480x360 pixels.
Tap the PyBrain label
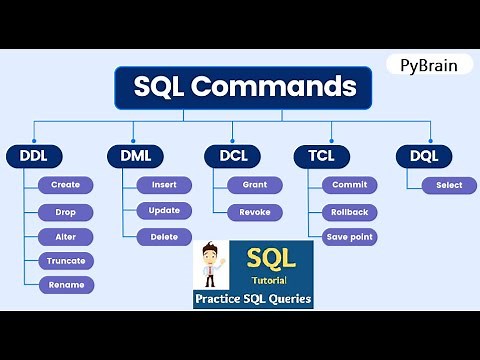click(x=429, y=63)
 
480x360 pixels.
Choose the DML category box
click(x=134, y=156)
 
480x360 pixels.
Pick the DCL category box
click(x=232, y=156)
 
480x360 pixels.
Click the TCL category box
click(x=321, y=156)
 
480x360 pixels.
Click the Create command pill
click(x=66, y=185)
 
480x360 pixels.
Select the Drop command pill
click(x=66, y=212)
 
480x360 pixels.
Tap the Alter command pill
click(x=66, y=237)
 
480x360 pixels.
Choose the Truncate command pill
click(x=66, y=261)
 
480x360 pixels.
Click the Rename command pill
click(x=66, y=285)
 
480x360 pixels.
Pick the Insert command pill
click(x=164, y=185)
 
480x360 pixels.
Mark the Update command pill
click(x=164, y=211)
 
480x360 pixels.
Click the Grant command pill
click(x=255, y=185)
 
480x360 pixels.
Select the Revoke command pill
click(x=255, y=212)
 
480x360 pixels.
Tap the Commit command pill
click(x=349, y=185)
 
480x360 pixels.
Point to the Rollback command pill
click(x=349, y=212)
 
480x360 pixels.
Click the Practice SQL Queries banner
click(x=253, y=299)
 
